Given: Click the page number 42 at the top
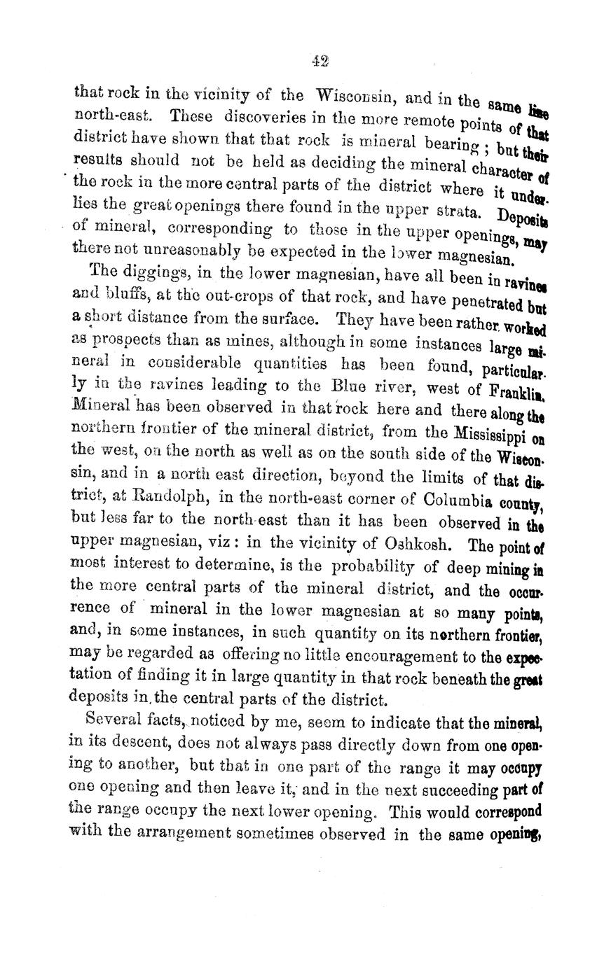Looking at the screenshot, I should coord(320,62).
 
